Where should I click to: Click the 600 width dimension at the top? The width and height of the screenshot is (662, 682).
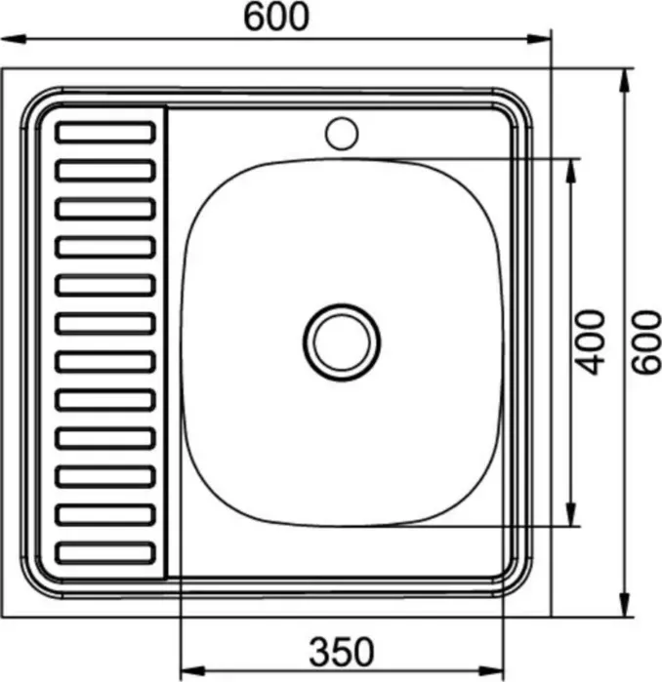[x=276, y=18]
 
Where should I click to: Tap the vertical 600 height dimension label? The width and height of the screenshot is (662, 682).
[x=646, y=341]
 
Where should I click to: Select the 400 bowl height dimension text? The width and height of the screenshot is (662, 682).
[x=591, y=341]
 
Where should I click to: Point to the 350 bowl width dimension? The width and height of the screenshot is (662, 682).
[x=341, y=652]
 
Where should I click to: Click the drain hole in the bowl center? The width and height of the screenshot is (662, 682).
[x=342, y=342]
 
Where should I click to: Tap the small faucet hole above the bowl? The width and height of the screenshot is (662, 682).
[x=342, y=134]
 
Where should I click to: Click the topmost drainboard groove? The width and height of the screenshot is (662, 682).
[x=105, y=133]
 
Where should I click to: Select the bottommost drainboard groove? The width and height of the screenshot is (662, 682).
[x=105, y=553]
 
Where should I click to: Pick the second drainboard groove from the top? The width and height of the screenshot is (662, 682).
[x=105, y=171]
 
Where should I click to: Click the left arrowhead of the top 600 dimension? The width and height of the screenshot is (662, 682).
[x=14, y=39]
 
